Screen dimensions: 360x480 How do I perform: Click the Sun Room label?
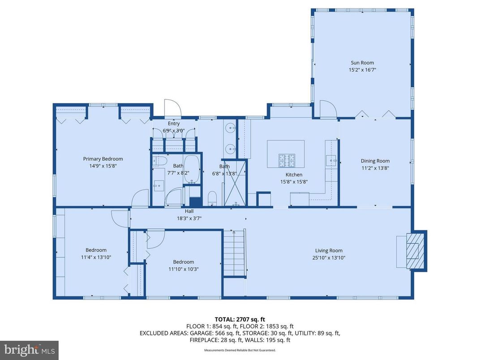tap(361, 63)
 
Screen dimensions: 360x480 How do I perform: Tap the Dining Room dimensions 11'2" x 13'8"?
tap(375, 168)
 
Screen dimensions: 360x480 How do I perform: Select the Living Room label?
tap(329, 251)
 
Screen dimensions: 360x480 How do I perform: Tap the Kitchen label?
tap(294, 175)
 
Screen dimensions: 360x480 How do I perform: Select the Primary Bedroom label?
tap(103, 159)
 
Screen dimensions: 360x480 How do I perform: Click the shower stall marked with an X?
tap(235, 183)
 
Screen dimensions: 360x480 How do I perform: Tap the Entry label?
tap(174, 124)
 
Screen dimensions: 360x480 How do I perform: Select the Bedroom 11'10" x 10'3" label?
tap(184, 262)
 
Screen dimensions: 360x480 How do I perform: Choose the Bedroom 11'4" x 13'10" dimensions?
tap(96, 257)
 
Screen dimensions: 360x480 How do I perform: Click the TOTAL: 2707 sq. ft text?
tap(240, 319)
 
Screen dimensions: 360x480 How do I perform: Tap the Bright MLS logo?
tap(29, 350)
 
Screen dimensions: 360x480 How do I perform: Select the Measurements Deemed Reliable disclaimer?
tap(240, 350)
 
